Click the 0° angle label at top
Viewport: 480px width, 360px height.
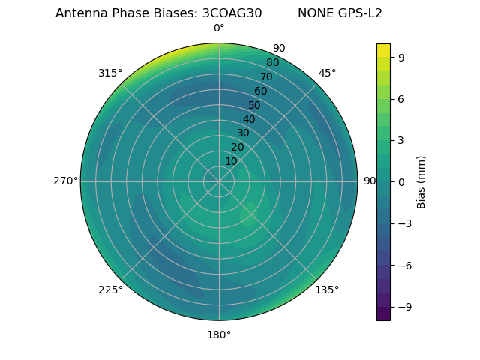[219, 28]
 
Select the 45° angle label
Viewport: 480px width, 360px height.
[327, 73]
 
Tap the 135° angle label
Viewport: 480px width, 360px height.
[327, 289]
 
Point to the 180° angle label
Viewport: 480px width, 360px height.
[219, 334]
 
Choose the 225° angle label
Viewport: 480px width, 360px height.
[110, 289]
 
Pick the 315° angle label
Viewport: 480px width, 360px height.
[110, 73]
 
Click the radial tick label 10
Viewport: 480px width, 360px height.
[231, 161]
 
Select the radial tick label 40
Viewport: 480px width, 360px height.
[249, 119]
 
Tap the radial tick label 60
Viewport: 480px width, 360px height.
[261, 91]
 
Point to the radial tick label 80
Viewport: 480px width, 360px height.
[272, 63]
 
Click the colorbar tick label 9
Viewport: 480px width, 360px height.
[400, 57]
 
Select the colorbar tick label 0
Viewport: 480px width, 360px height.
[400, 182]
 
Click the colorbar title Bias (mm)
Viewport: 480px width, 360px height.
[421, 182]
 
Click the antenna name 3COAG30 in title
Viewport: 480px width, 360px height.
[232, 13]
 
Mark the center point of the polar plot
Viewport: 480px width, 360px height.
[219, 181]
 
